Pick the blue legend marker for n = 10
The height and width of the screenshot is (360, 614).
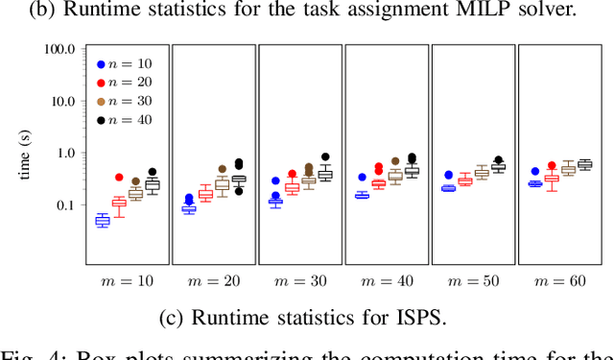click(100, 64)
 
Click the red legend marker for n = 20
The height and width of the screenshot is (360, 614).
click(100, 83)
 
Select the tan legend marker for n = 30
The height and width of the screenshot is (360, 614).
click(100, 101)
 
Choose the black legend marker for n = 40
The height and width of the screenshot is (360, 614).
click(100, 119)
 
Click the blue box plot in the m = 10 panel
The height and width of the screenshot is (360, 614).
click(102, 221)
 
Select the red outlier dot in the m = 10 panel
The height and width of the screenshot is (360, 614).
click(119, 178)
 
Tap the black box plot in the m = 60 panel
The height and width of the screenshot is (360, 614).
click(584, 165)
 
